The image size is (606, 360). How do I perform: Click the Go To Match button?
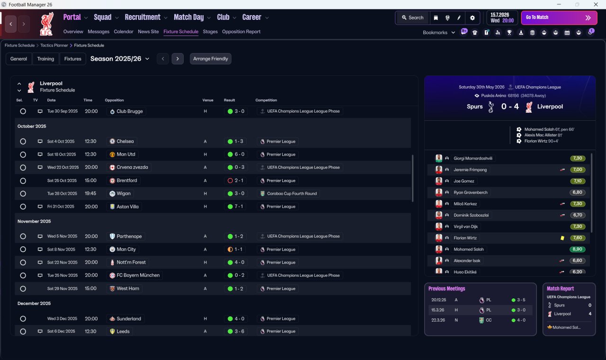click(x=559, y=18)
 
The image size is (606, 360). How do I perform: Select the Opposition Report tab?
click(x=241, y=32)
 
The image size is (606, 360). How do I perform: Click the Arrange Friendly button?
click(x=211, y=59)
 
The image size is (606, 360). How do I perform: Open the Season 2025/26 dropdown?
click(x=120, y=59)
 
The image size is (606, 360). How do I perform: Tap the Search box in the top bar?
click(x=412, y=18)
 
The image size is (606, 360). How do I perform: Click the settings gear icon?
click(x=472, y=18)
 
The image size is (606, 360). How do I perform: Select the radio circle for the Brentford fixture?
click(x=23, y=181)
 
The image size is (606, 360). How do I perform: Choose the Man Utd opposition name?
click(x=126, y=154)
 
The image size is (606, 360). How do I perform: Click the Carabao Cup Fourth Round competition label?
click(x=292, y=194)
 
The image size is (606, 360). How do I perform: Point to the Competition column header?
click(x=266, y=100)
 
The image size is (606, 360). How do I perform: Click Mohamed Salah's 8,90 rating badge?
click(x=577, y=249)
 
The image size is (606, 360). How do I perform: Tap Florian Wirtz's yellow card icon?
click(x=562, y=238)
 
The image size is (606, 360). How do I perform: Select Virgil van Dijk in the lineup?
click(x=465, y=226)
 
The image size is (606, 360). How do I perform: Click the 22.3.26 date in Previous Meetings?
click(x=438, y=320)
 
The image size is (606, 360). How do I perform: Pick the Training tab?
click(x=45, y=59)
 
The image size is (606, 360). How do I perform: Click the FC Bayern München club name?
click(x=138, y=275)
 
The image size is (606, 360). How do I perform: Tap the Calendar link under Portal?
click(x=124, y=32)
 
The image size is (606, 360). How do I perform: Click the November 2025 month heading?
click(x=34, y=221)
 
